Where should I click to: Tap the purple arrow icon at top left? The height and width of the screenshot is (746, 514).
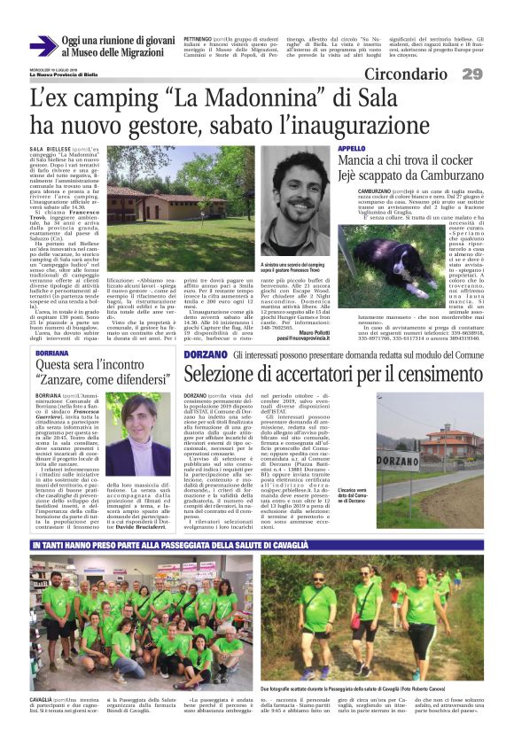[x=42, y=46]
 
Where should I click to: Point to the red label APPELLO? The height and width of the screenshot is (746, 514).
[x=351, y=148]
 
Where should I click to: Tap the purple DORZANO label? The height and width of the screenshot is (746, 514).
[x=206, y=355]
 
